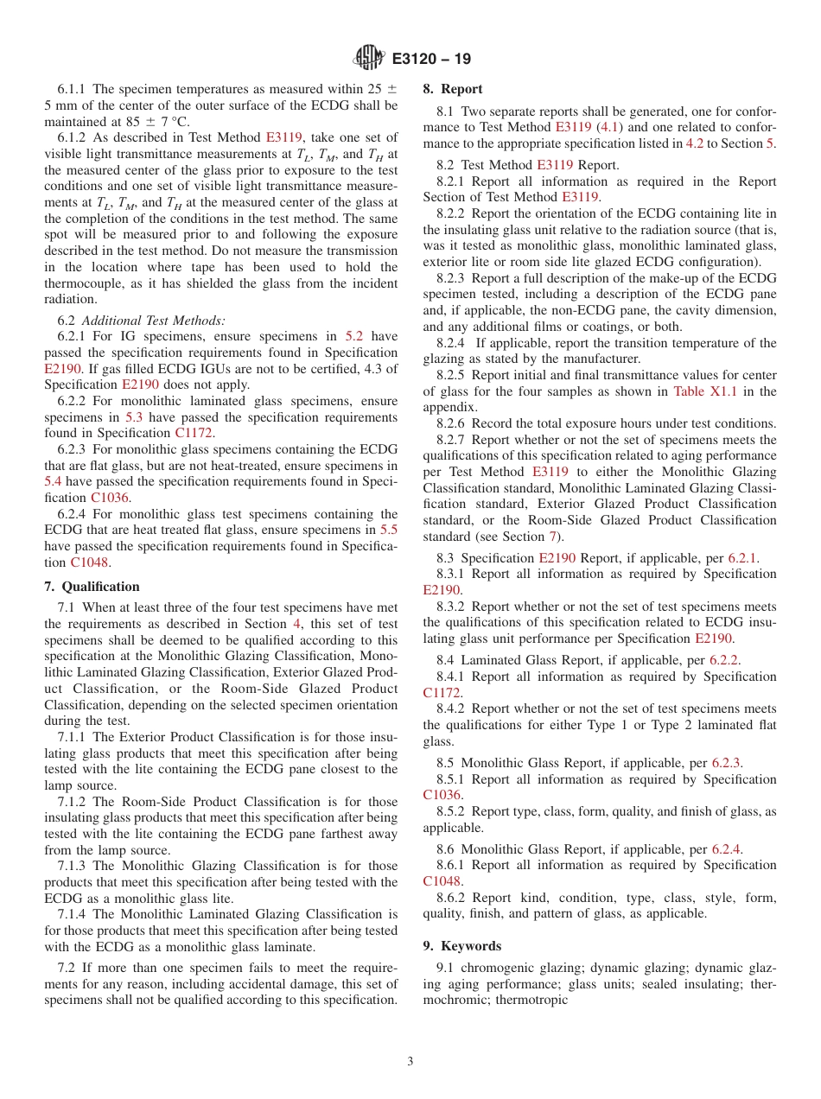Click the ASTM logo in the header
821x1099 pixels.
pyautogui.click(x=370, y=59)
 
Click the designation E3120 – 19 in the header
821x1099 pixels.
pyautogui.click(x=431, y=60)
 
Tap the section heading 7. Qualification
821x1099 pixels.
pyautogui.click(x=92, y=586)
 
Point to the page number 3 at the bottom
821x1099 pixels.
pyautogui.click(x=410, y=1061)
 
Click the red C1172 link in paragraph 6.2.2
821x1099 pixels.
pyautogui.click(x=194, y=434)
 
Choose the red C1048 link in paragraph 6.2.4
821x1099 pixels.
pyautogui.click(x=91, y=562)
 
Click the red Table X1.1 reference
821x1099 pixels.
pyautogui.click(x=701, y=391)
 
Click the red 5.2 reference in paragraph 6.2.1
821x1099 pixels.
pyautogui.click(x=354, y=336)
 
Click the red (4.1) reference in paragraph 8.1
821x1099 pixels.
pyautogui.click(x=608, y=127)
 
